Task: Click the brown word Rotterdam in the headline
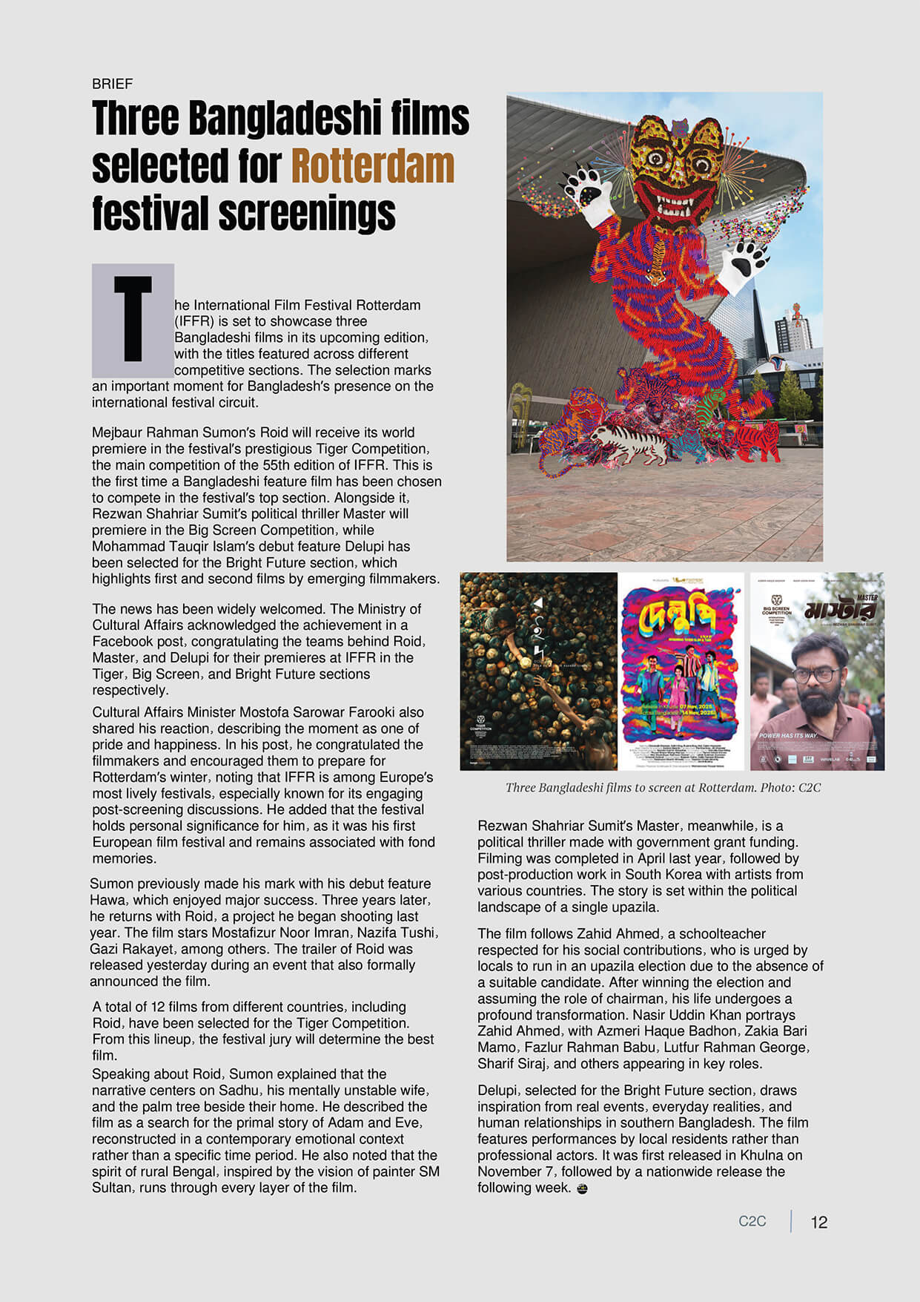[372, 166]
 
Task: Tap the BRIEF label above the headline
[112, 84]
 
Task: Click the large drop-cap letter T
[133, 319]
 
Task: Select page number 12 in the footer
[818, 1223]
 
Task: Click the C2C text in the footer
[752, 1221]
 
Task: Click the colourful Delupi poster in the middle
[682, 671]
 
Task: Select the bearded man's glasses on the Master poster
[813, 676]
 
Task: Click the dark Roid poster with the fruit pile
[538, 671]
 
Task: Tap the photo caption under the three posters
[663, 787]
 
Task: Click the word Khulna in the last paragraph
[759, 1155]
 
